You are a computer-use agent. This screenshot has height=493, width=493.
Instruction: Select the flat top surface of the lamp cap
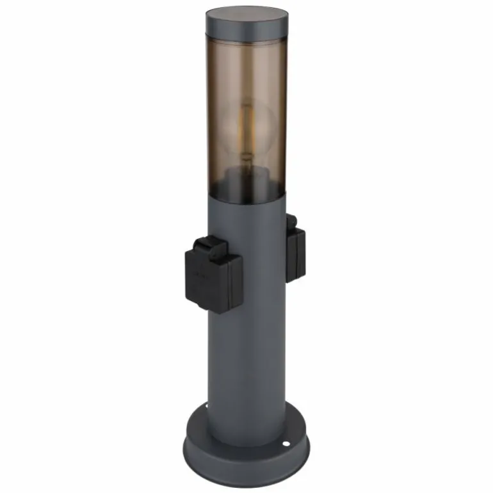[x=247, y=15]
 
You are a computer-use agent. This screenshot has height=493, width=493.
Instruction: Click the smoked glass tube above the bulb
[x=247, y=70]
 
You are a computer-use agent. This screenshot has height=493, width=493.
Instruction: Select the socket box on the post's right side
[x=295, y=253]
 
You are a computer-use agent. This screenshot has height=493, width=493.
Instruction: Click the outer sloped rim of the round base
[x=247, y=458]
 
